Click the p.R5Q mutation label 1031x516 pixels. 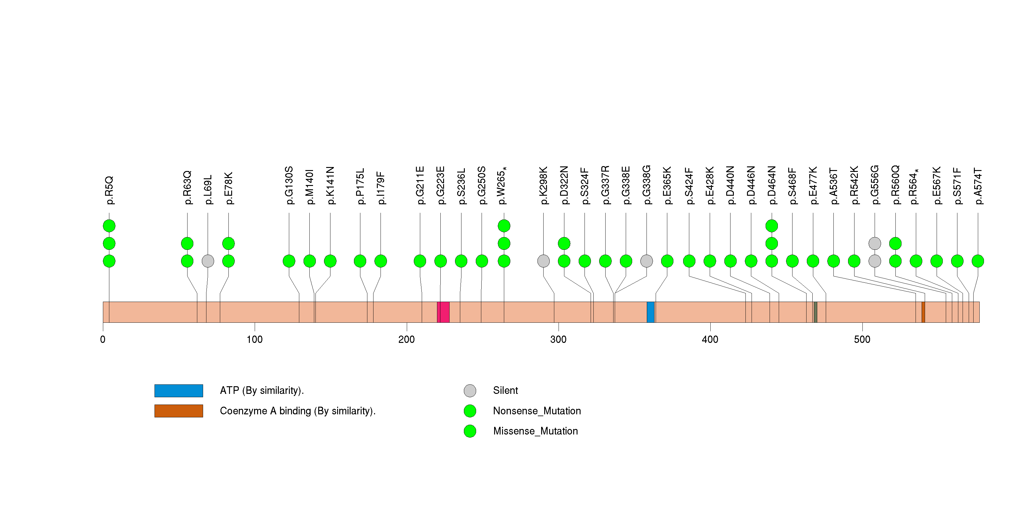coord(109,191)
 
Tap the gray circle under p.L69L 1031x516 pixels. coord(208,261)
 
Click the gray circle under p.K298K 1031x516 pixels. coord(543,261)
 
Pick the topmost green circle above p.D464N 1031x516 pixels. coord(771,226)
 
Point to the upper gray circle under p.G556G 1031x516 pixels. coord(875,243)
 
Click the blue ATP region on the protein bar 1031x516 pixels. coord(650,312)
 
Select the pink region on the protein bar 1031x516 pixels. coord(443,312)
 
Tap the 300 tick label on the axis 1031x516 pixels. coord(558,340)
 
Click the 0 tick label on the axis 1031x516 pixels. coord(103,340)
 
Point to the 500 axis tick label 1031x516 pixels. coord(862,340)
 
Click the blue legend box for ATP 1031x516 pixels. coord(179,391)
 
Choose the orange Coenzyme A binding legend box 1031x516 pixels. coord(179,411)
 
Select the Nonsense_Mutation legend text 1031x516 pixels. coord(537,411)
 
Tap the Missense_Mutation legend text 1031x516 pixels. coord(535,431)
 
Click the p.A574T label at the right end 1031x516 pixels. coord(978,186)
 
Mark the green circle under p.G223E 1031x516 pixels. coord(440,261)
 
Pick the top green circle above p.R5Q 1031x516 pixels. coord(109,226)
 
